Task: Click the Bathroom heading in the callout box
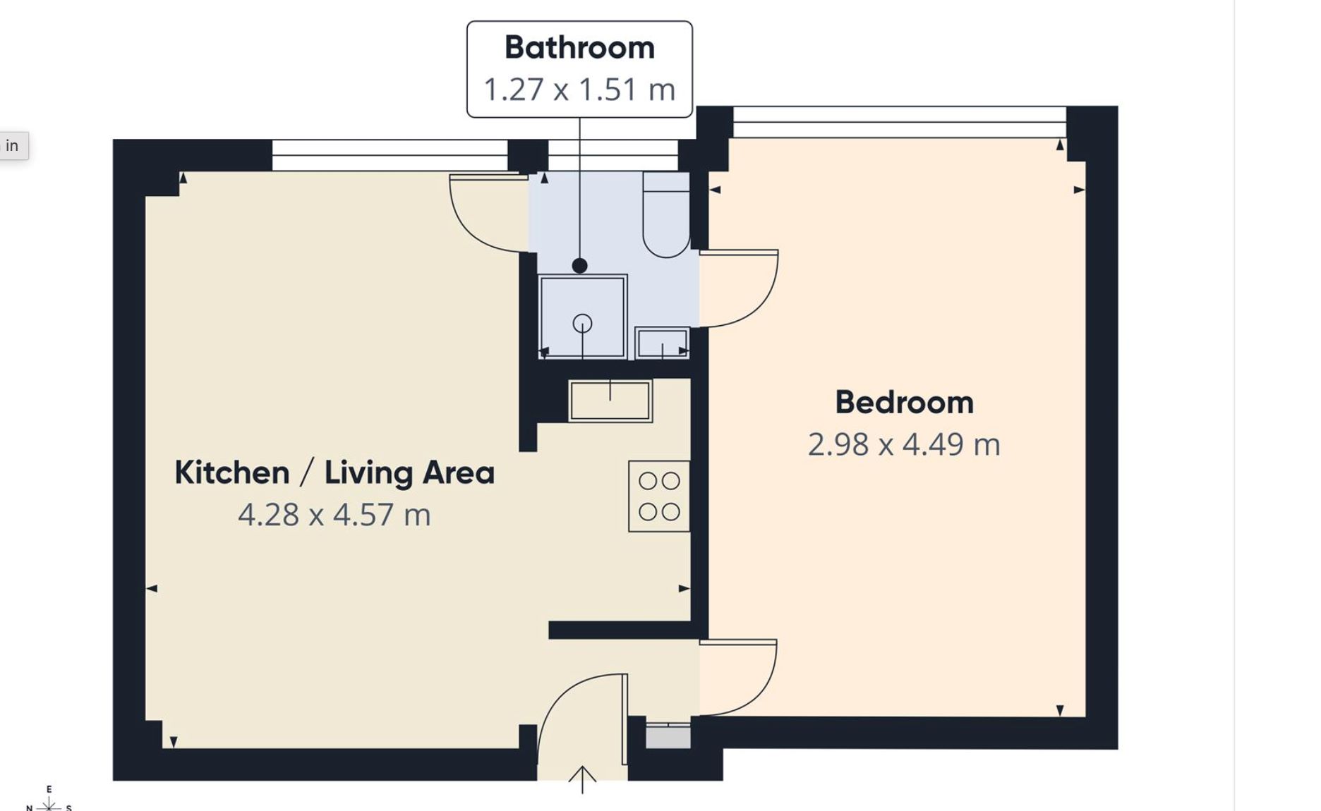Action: point(579,48)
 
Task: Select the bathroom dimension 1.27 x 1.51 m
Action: point(579,90)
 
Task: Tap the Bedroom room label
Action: point(904,403)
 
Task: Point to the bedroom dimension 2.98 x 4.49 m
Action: point(904,444)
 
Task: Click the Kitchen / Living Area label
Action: point(334,472)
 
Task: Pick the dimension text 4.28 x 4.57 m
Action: point(334,515)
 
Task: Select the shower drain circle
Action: point(582,324)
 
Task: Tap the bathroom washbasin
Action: point(662,343)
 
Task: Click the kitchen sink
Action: point(610,401)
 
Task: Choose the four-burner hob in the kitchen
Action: point(659,496)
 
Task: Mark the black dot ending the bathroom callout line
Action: point(579,266)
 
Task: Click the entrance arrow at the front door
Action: point(582,779)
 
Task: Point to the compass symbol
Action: point(49,801)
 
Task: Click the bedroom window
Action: point(900,122)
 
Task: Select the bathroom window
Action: point(613,155)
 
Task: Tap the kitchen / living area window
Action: point(390,155)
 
